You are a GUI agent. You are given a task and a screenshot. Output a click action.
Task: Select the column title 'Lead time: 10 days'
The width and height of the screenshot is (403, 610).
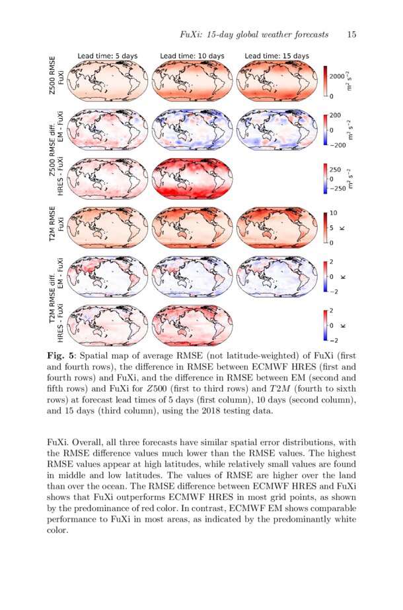coord(192,56)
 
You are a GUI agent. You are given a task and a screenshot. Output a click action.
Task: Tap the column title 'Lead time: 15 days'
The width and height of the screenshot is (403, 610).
coord(276,56)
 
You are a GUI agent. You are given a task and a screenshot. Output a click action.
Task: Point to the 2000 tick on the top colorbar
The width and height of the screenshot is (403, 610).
coord(337,76)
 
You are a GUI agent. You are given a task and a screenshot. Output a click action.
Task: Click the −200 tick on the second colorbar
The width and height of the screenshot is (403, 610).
coord(338,144)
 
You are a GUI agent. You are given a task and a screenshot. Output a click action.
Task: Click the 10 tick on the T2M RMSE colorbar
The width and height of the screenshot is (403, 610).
coord(334,213)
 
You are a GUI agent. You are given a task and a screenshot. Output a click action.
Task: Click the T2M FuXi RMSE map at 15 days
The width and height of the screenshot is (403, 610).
coord(276,227)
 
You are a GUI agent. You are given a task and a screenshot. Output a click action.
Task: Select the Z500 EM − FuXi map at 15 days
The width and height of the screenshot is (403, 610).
coord(276,129)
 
